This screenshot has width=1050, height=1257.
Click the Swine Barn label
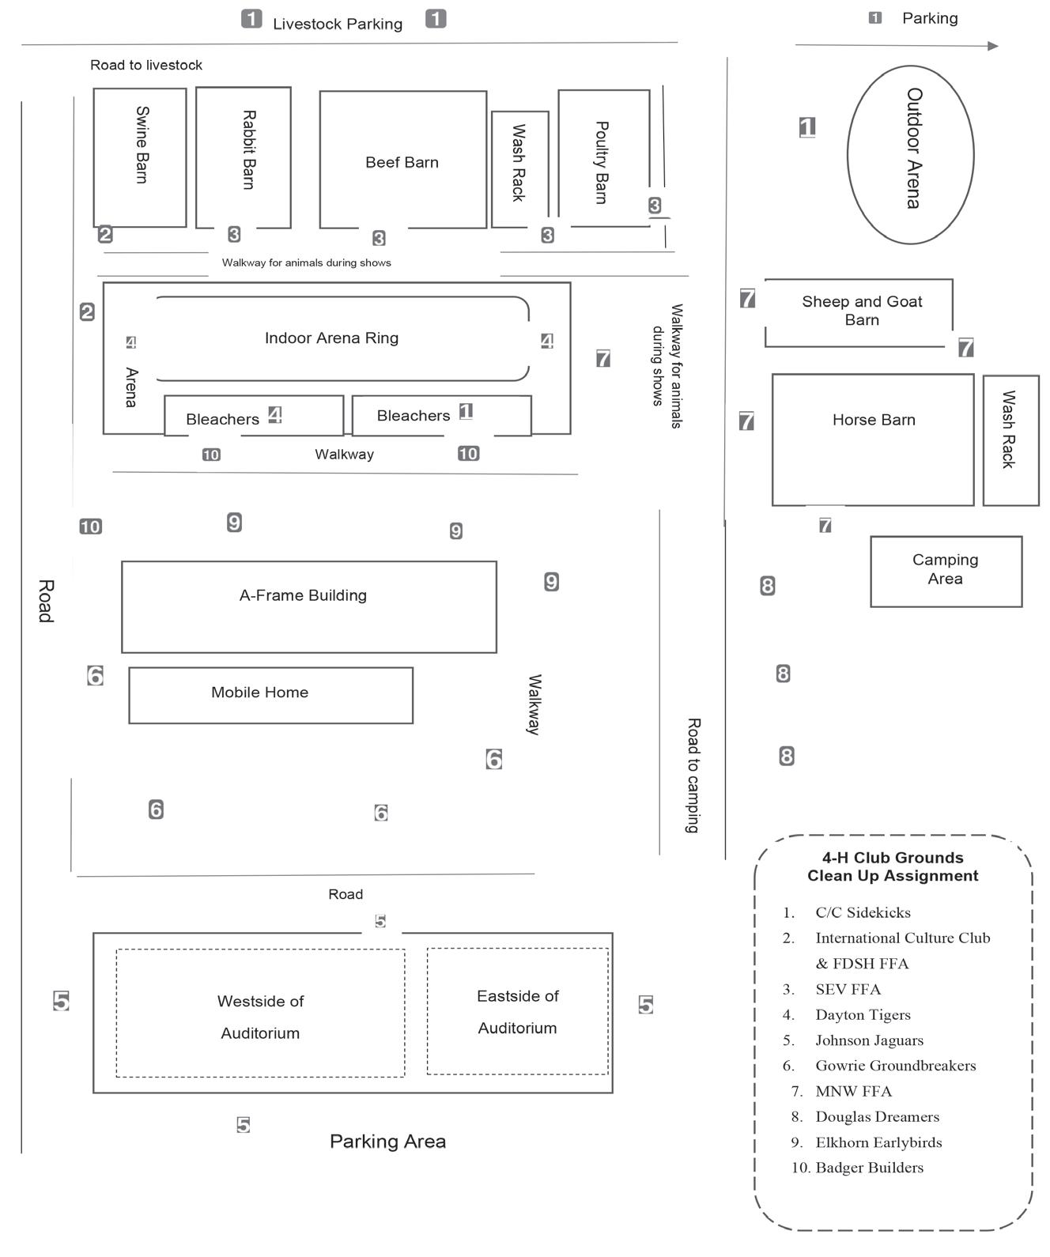[x=142, y=145]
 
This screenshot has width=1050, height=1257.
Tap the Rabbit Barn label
[x=248, y=149]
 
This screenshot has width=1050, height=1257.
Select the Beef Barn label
[x=402, y=162]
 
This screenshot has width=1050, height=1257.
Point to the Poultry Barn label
[x=601, y=162]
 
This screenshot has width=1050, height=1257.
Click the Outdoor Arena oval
[x=910, y=154]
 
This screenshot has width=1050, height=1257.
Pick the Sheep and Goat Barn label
[x=862, y=311]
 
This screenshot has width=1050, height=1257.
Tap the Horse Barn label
[x=874, y=420]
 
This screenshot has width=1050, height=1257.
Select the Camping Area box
[x=946, y=571]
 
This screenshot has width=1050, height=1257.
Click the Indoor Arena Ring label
[x=331, y=338]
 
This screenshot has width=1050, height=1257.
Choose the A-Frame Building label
[x=303, y=595]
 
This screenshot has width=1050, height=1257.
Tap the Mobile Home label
[x=259, y=693]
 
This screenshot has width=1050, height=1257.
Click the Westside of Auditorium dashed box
[x=260, y=1014]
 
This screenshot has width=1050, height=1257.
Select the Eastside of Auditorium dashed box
[x=518, y=1011]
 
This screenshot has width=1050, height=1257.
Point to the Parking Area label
[x=387, y=1141]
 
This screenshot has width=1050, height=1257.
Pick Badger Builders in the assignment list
[x=869, y=1168]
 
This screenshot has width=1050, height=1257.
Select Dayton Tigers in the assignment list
[x=863, y=1015]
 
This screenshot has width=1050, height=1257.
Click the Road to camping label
[x=693, y=775]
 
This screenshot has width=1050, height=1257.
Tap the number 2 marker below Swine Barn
[x=105, y=234]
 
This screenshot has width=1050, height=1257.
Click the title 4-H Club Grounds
[x=893, y=858]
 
